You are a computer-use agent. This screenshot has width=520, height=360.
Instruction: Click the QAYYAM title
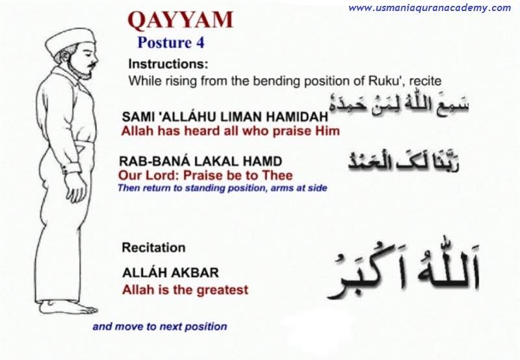pyautogui.click(x=181, y=20)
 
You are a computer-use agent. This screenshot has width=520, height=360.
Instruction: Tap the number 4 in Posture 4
pyautogui.click(x=200, y=43)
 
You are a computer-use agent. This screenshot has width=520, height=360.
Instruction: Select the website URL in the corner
pyautogui.click(x=430, y=8)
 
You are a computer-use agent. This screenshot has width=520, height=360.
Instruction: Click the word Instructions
pyautogui.click(x=168, y=64)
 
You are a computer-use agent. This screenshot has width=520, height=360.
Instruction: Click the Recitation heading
pyautogui.click(x=153, y=248)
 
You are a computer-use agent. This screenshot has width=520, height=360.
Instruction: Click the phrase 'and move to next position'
pyautogui.click(x=160, y=326)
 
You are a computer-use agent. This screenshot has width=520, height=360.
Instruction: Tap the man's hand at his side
pyautogui.click(x=76, y=186)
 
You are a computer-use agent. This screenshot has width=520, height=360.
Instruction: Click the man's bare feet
pyautogui.click(x=68, y=307)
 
